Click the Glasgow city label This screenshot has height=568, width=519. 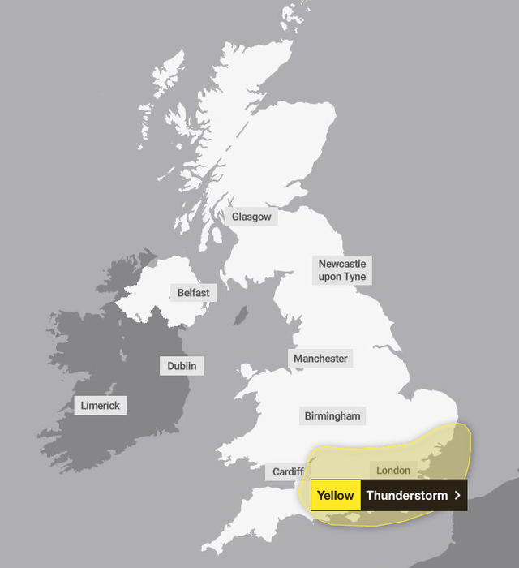coord(251,217)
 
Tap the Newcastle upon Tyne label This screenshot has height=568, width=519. coord(341,270)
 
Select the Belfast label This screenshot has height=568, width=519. coord(194,292)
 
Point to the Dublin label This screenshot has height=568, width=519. coord(182,366)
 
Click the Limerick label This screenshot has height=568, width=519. coord(101,405)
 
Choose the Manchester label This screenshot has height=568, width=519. coord(321,359)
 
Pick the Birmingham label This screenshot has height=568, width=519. coord(332,416)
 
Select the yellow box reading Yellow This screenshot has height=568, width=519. coord(335,495)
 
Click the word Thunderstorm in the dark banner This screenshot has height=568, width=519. coord(406,495)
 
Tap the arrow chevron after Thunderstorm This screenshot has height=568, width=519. coord(458,495)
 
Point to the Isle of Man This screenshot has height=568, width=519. coord(241,315)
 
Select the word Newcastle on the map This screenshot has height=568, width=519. coord(341,264)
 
